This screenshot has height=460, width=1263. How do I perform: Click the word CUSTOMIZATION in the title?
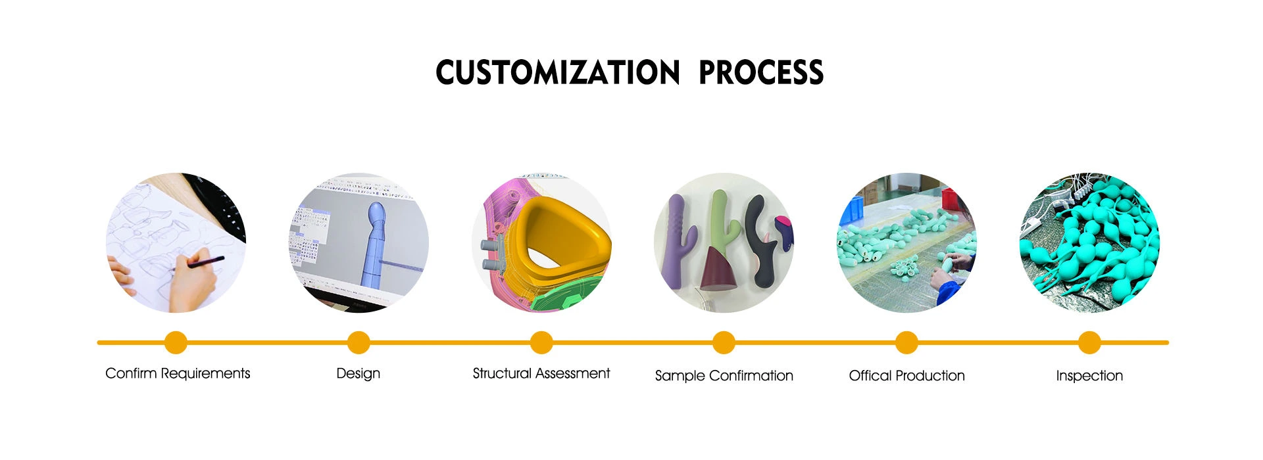click(558, 72)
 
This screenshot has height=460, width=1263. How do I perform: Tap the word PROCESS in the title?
click(761, 72)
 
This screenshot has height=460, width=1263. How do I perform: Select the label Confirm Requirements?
click(178, 373)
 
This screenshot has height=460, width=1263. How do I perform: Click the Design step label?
click(359, 373)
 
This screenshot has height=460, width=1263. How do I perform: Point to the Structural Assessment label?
click(541, 373)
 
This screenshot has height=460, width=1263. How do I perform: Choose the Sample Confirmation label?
click(724, 376)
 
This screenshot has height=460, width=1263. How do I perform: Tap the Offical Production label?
click(907, 376)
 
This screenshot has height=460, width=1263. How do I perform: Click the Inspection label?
click(1089, 376)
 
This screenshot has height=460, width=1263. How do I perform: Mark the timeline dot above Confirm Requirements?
click(176, 342)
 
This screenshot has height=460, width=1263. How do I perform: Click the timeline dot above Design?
click(359, 342)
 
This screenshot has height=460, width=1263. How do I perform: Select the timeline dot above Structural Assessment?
click(541, 342)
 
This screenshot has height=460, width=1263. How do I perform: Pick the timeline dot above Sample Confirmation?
click(724, 342)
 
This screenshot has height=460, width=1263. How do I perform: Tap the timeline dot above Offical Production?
click(906, 342)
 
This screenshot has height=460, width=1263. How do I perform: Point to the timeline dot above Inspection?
click(1089, 342)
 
